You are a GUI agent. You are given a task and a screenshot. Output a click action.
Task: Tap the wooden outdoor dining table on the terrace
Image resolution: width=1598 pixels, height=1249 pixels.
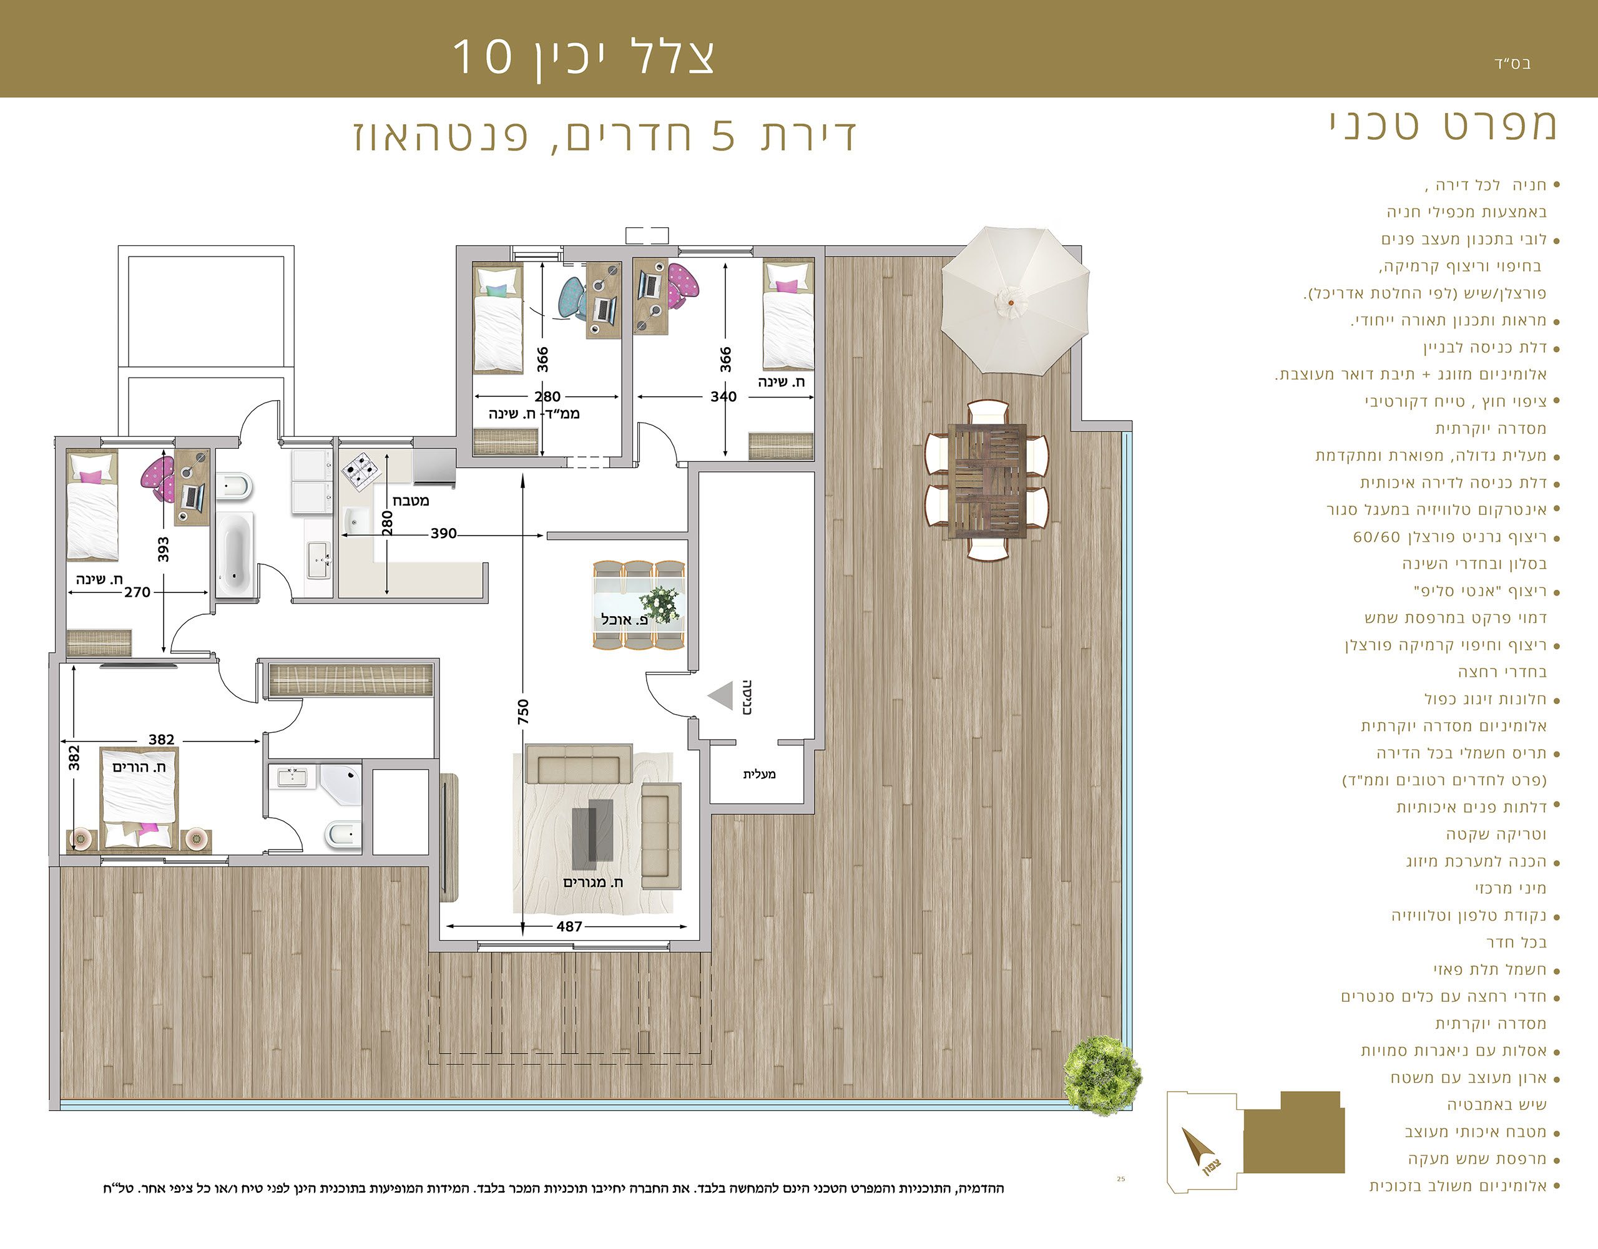987,481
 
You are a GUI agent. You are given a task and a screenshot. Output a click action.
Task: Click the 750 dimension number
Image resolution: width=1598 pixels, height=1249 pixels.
523,712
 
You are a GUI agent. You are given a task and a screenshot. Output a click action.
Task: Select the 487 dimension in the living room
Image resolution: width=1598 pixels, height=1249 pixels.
569,926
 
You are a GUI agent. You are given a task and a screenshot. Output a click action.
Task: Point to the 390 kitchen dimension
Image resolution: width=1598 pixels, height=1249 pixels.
443,534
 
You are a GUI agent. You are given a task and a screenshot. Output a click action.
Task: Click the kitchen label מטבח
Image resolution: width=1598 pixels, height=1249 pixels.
411,501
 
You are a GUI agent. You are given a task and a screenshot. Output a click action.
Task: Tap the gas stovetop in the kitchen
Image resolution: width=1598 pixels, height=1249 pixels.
362,471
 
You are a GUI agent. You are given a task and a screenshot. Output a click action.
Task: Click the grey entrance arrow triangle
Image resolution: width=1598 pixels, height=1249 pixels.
721,696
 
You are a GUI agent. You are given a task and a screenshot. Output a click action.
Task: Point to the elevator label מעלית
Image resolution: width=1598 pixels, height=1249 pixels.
759,774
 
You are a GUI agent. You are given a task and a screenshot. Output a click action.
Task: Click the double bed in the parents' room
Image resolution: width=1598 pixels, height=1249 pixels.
139,798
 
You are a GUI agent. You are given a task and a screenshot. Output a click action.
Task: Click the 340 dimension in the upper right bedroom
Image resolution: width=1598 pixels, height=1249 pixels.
723,396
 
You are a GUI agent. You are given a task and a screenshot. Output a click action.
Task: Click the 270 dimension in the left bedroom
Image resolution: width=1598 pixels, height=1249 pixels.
137,592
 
